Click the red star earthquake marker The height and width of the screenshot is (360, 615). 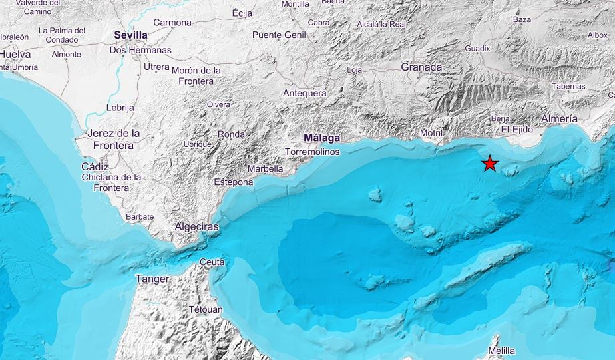click(490, 164)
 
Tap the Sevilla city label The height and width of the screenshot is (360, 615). click(130, 35)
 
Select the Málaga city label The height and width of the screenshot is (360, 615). click(322, 138)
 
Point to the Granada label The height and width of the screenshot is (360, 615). click(421, 67)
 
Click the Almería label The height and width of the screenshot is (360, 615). click(559, 118)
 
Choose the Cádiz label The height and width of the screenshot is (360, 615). click(95, 166)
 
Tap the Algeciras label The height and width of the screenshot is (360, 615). click(196, 227)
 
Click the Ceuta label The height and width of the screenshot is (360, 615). click(212, 262)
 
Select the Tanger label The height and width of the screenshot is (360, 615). click(152, 279)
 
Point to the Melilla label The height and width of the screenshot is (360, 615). click(501, 351)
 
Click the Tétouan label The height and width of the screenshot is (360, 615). click(205, 309)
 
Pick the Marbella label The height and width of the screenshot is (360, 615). click(266, 169)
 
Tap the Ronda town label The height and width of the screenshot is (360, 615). click(231, 134)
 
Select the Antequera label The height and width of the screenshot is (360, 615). click(304, 93)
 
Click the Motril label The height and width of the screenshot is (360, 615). click(431, 133)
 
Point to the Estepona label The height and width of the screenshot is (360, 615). click(233, 182)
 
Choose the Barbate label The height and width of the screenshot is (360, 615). click(139, 216)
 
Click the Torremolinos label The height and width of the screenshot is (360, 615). click(313, 152)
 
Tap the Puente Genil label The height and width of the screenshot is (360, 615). click(279, 35)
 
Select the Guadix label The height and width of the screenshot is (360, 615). click(477, 48)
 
